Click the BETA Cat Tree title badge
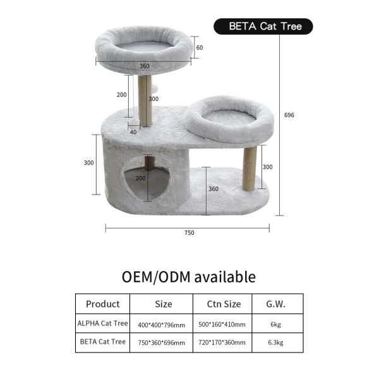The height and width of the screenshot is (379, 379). [263, 27]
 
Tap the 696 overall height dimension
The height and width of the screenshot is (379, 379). [289, 115]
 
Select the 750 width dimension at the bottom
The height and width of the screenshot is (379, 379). [189, 232]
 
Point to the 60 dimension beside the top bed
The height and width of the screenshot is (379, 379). [200, 47]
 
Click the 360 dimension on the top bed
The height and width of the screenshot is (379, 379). [145, 66]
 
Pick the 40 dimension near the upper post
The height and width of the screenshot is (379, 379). [133, 132]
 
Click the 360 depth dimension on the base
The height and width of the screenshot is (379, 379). [214, 189]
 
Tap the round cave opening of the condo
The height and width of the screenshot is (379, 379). [146, 178]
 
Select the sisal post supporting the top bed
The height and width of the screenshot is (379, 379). [145, 100]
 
